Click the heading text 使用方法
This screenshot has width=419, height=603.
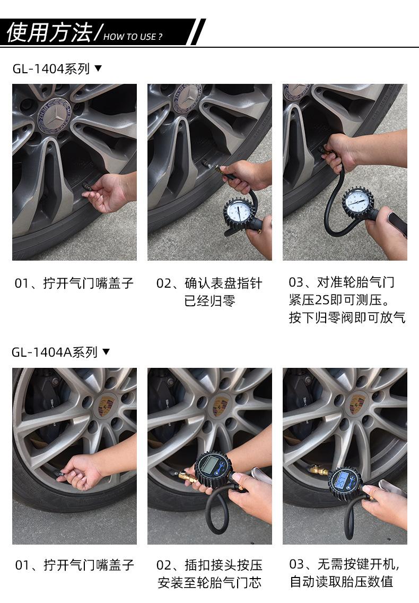point(49,32)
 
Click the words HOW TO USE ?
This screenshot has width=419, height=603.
point(133,37)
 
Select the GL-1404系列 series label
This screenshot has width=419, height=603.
point(51,69)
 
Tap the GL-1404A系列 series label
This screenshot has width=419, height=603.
point(55,352)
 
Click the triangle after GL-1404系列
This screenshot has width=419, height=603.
point(99,68)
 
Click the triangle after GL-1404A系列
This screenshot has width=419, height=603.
point(107,351)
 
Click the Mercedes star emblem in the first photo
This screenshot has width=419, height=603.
point(55,115)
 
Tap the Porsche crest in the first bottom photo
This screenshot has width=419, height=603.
point(106,406)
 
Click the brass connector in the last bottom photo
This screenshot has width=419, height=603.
point(319,470)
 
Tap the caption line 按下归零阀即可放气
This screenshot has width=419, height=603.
point(347,317)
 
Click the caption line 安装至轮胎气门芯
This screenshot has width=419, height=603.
point(210,582)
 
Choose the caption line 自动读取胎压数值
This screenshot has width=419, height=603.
point(342,581)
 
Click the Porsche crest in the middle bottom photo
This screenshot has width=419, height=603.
point(220,406)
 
